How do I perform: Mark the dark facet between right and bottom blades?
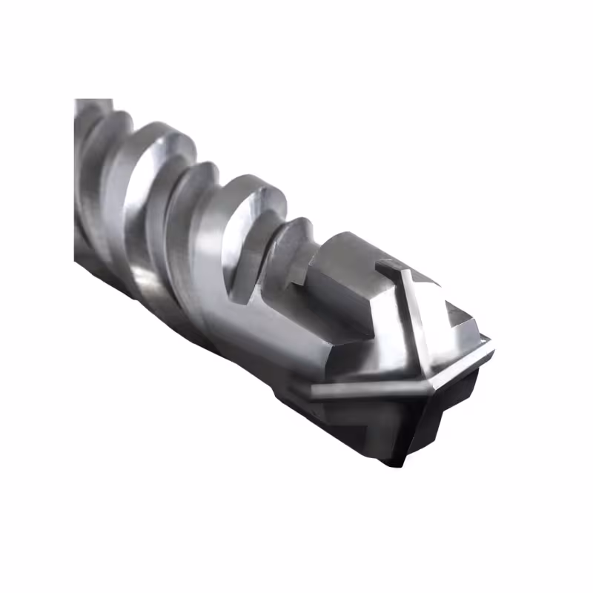point(445,408)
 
